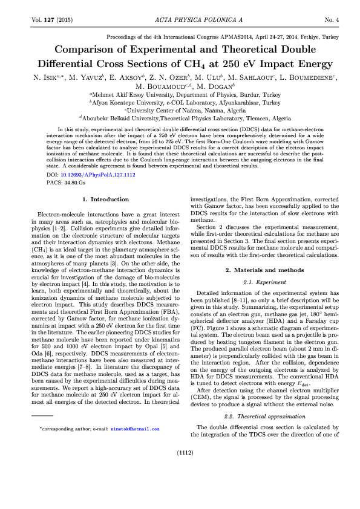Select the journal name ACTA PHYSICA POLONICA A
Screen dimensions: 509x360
pos(180,21)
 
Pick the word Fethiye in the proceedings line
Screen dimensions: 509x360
pos(305,36)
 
